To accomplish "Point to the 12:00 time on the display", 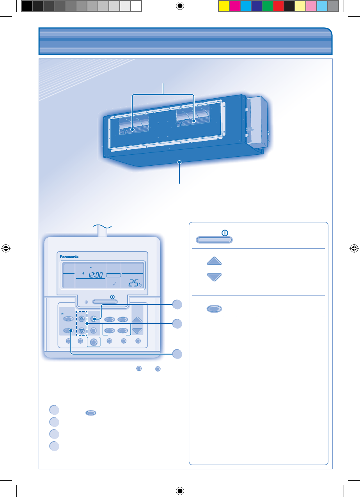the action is [95, 275].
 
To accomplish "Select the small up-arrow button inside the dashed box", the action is [82, 318].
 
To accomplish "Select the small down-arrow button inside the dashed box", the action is [82, 331].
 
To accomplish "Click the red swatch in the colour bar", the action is [278, 6].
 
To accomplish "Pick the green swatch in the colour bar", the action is [267, 6].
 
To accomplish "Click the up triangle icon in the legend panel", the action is [214, 262].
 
